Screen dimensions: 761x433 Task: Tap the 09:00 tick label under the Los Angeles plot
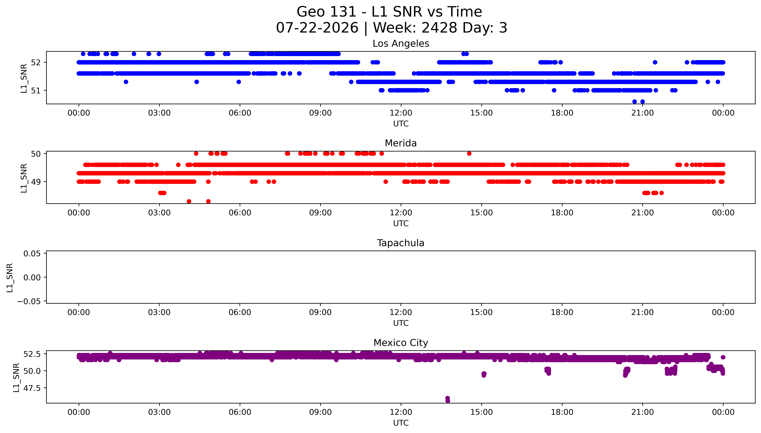321,113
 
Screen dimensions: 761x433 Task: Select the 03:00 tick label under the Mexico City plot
159,412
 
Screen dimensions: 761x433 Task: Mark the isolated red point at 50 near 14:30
469,153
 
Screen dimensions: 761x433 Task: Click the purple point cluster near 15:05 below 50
484,374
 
